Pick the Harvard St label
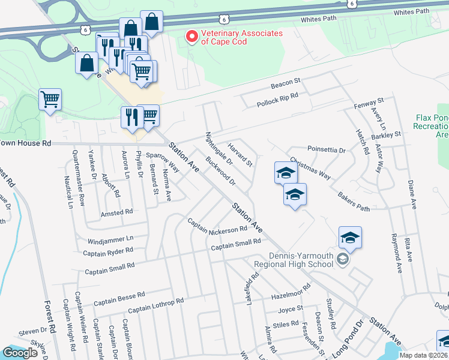point(240,153)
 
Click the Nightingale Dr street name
point(219,149)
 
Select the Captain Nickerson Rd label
point(217,225)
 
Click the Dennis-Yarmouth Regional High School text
point(301,260)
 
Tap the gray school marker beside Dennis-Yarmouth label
point(343,260)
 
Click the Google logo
point(20,353)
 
